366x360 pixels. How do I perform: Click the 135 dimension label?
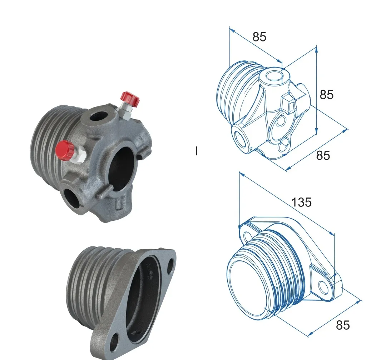(x=301, y=202)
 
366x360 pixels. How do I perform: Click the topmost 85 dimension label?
(x=259, y=37)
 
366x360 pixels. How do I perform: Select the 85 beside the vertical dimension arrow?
(x=326, y=95)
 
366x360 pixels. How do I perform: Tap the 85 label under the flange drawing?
(x=342, y=325)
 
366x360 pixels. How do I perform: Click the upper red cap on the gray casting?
(x=129, y=98)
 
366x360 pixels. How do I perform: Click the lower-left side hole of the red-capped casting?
(x=73, y=196)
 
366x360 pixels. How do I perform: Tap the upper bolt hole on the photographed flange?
(x=170, y=264)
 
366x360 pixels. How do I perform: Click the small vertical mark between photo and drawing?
(x=196, y=151)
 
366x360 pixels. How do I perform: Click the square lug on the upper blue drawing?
(x=288, y=104)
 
